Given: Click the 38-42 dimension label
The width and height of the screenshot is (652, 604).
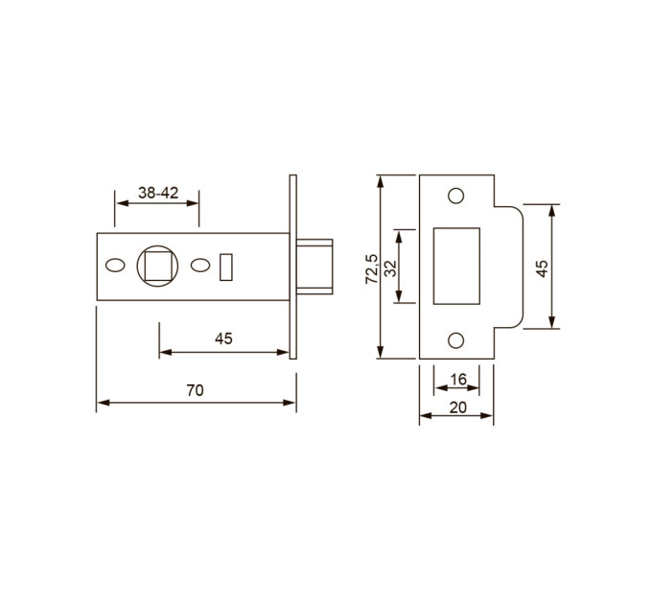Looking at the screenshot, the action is tap(158, 193).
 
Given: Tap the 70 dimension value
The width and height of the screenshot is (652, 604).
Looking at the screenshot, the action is tap(195, 390).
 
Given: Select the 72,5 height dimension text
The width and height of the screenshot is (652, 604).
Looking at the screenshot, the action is tap(371, 269).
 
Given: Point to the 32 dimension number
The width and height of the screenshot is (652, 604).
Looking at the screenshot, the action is tap(391, 268).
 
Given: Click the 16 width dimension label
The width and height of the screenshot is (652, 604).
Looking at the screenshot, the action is tap(458, 379).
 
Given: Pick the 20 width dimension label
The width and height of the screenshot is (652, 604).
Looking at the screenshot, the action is tap(457, 407).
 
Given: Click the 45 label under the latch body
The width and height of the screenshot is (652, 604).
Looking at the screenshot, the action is tap(223, 338).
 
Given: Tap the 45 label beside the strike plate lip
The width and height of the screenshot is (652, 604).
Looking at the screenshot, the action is tap(542, 268).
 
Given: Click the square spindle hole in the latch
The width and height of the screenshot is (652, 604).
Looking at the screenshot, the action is tap(157, 266).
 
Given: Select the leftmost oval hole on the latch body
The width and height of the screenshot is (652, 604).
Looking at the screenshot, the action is tap(115, 266).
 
